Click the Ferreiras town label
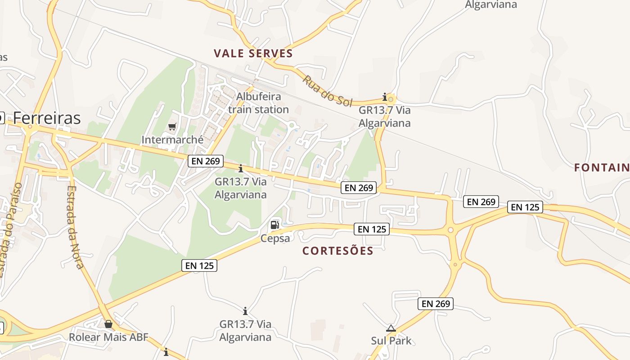click(x=47, y=118)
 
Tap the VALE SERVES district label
click(x=253, y=54)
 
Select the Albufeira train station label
click(x=258, y=103)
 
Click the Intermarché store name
click(x=172, y=140)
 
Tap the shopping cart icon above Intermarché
click(x=172, y=127)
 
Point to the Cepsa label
click(x=275, y=238)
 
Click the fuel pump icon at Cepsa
click(x=274, y=225)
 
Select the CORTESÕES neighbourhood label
click(x=338, y=251)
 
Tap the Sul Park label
click(x=391, y=341)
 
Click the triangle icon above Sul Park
click(x=391, y=328)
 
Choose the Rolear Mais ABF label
click(x=108, y=337)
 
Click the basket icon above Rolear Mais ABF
click(x=108, y=324)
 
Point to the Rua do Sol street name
click(x=327, y=91)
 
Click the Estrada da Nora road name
click(x=76, y=227)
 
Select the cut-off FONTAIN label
click(x=602, y=168)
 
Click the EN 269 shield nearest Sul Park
click(x=436, y=304)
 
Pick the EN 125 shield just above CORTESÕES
click(x=371, y=229)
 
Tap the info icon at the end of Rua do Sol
click(x=385, y=96)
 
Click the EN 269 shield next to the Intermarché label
click(x=206, y=161)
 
